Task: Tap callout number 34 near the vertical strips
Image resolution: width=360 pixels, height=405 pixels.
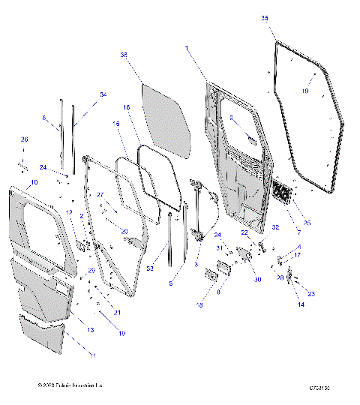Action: (x=103, y=94)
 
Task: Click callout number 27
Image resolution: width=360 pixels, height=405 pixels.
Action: (x=100, y=195)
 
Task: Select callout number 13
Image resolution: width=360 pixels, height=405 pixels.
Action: (x=90, y=330)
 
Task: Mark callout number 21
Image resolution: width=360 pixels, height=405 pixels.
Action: (x=115, y=312)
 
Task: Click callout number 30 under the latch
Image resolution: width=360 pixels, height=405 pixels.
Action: (x=257, y=280)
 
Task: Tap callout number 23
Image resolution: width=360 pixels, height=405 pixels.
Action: (x=311, y=294)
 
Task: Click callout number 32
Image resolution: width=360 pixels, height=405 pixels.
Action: (x=276, y=226)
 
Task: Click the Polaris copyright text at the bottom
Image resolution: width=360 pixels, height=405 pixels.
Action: (x=70, y=385)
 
